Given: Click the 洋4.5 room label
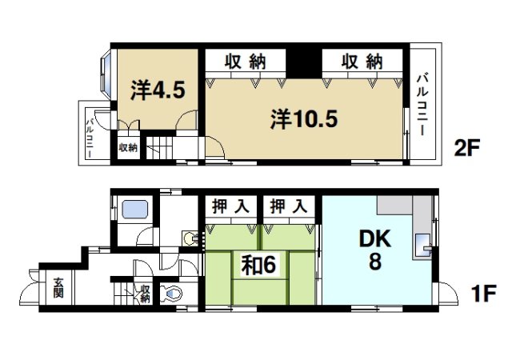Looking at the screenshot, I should pyautogui.click(x=158, y=90).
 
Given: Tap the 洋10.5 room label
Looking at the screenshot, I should pyautogui.click(x=304, y=120).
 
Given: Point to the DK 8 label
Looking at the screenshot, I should pyautogui.click(x=374, y=249).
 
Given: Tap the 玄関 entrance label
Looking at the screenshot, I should pyautogui.click(x=61, y=287).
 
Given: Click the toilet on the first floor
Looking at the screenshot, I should pyautogui.click(x=170, y=294).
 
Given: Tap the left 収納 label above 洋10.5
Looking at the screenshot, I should pyautogui.click(x=243, y=62).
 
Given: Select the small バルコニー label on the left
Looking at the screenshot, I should pyautogui.click(x=90, y=135).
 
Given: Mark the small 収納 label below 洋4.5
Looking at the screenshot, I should pyautogui.click(x=128, y=148).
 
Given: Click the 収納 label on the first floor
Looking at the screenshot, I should pyautogui.click(x=145, y=294).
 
